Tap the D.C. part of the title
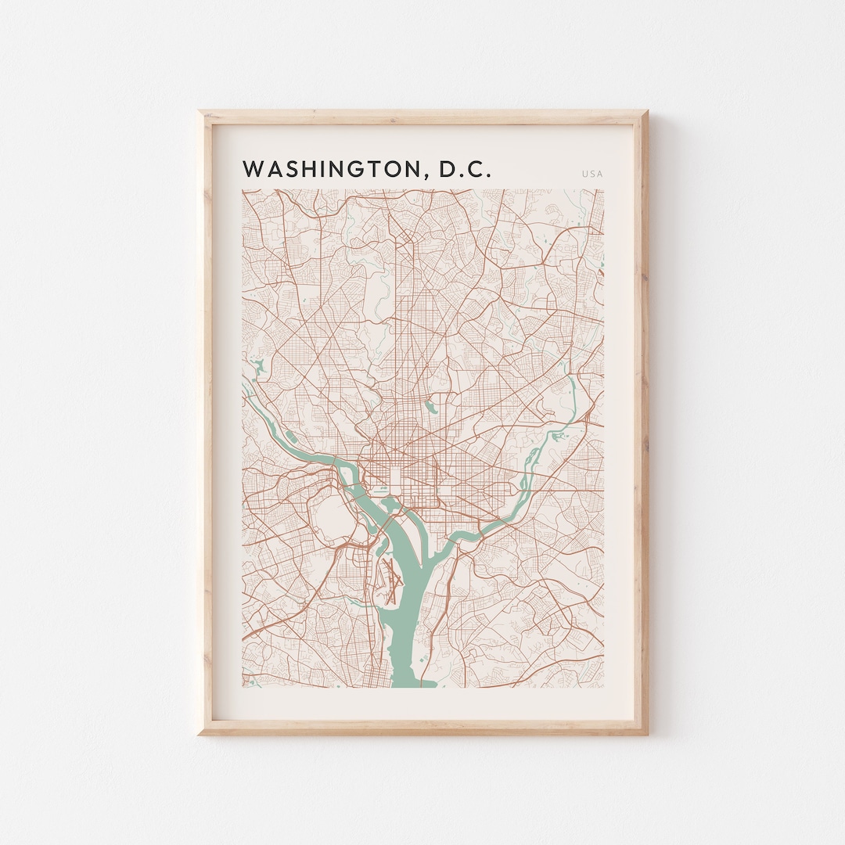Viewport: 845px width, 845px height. [465, 170]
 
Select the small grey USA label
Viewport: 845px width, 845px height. [592, 174]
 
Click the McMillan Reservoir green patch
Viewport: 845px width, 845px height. [430, 406]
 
